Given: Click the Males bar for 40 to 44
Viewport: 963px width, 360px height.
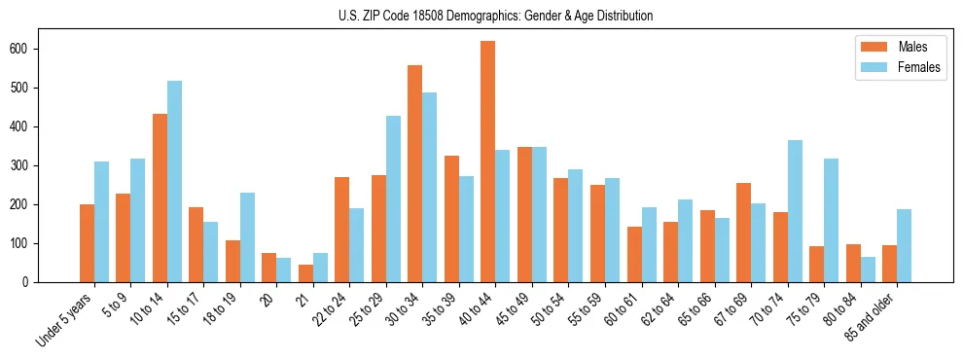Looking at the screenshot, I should point(488,162).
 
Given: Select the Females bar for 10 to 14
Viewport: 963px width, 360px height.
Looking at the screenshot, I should point(174,182).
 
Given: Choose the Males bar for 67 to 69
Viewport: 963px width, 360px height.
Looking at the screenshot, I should point(744,233).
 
